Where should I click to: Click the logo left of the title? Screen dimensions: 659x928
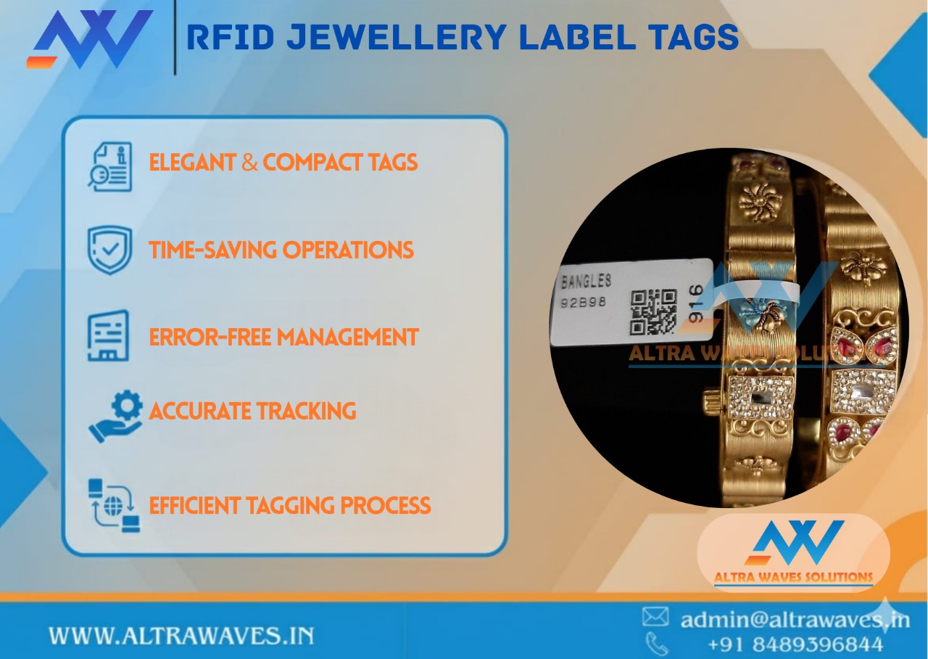[90, 39]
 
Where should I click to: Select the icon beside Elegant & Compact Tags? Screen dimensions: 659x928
[110, 167]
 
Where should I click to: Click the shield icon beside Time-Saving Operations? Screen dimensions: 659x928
[109, 250]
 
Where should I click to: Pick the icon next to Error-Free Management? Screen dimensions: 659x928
[109, 336]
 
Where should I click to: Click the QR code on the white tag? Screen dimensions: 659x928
[652, 311]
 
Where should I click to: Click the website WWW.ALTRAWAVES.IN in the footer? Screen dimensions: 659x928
[181, 637]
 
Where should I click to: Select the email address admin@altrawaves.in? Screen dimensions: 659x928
[794, 619]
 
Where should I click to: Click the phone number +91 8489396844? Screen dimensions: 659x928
[795, 644]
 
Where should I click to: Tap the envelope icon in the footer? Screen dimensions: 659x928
[655, 617]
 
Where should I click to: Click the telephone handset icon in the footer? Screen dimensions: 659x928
[657, 643]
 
